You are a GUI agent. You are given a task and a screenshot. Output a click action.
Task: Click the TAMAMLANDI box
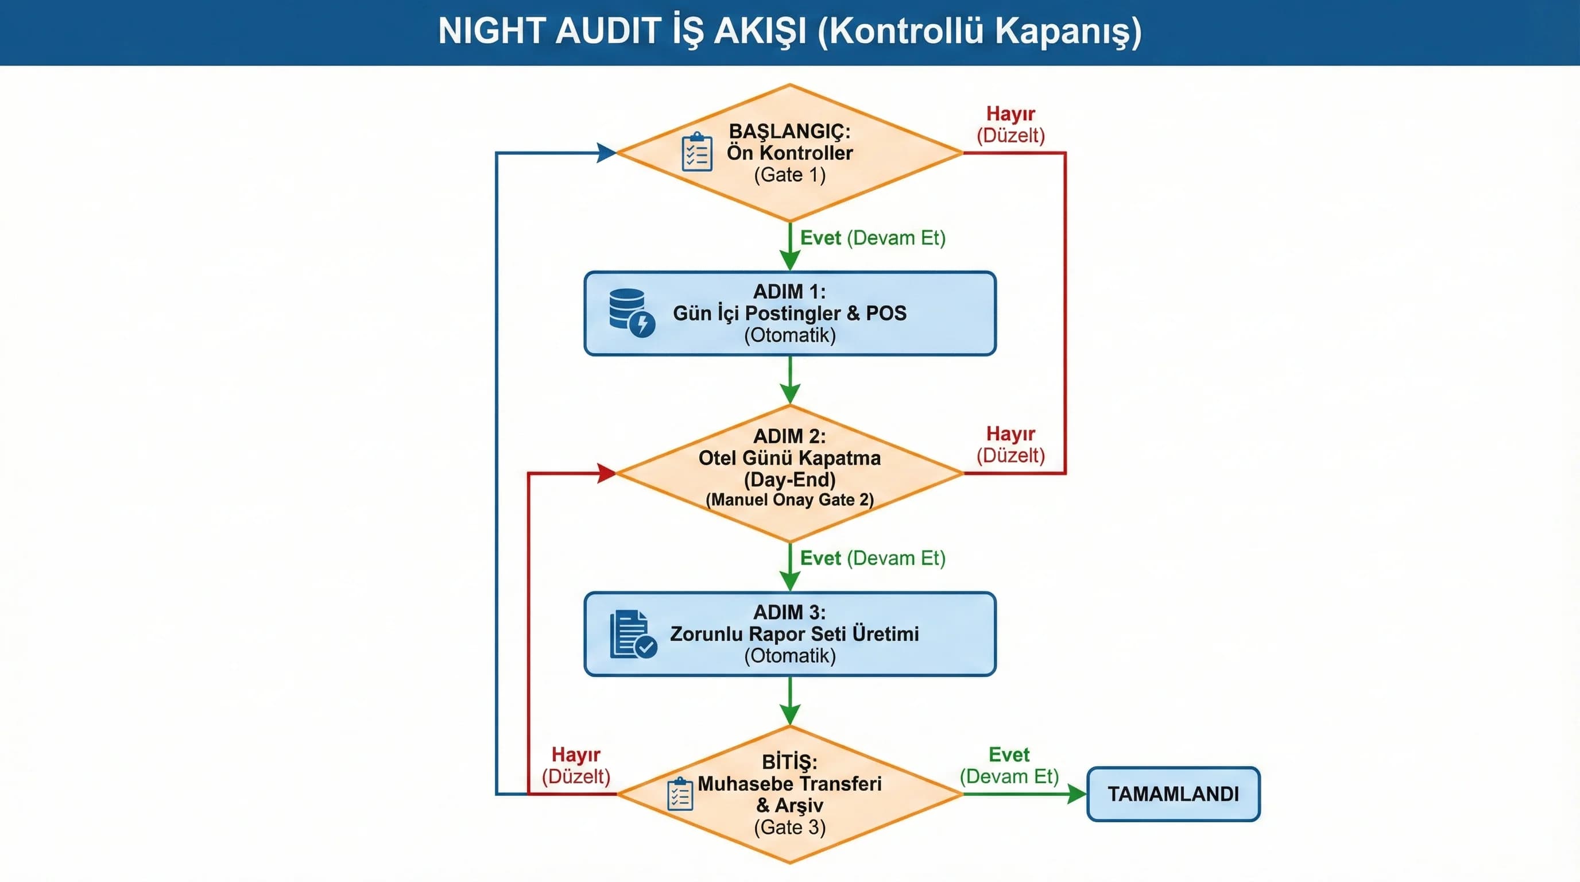click(1173, 794)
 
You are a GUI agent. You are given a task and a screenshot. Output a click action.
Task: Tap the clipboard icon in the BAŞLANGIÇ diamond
click(697, 152)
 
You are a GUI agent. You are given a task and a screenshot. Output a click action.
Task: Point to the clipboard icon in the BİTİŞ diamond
click(680, 794)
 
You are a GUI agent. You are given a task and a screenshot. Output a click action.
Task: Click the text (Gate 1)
click(789, 175)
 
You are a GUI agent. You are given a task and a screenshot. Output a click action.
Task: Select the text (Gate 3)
click(789, 827)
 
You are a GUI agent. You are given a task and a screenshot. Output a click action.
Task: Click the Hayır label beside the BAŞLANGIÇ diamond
click(1010, 114)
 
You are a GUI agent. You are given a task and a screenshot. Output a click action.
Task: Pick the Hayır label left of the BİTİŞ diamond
click(575, 755)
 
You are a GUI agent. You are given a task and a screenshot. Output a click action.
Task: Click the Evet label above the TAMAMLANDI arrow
click(1009, 755)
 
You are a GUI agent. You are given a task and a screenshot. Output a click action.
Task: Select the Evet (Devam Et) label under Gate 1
click(872, 238)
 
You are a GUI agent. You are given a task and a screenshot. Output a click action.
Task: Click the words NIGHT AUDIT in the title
click(548, 30)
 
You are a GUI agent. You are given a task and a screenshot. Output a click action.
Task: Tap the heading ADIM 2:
click(789, 436)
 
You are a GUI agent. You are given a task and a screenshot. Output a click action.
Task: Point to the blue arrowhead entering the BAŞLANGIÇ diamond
click(607, 153)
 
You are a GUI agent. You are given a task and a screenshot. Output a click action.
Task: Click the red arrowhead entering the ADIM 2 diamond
click(607, 473)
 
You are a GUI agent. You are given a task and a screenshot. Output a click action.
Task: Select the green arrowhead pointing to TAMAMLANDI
click(1076, 794)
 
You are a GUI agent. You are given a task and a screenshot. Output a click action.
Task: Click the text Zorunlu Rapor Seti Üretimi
click(794, 633)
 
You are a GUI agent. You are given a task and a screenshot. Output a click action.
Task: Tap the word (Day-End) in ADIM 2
click(789, 479)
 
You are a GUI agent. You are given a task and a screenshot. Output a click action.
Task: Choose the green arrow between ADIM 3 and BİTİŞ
click(790, 702)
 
